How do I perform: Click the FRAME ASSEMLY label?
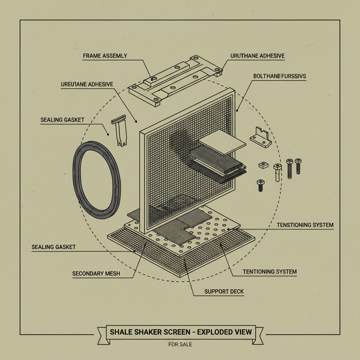tap(105, 56)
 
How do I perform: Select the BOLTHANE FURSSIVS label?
tap(279, 76)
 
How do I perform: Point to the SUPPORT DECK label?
tap(224, 291)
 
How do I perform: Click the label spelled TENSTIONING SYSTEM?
tap(305, 225)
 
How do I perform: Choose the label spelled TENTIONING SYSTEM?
tap(270, 272)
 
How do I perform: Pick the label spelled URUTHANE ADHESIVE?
tap(257, 56)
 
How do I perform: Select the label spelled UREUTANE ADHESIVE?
tap(87, 84)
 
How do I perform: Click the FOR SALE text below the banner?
tap(180, 344)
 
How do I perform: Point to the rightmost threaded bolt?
tap(298, 166)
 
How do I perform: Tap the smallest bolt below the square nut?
tap(260, 185)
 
